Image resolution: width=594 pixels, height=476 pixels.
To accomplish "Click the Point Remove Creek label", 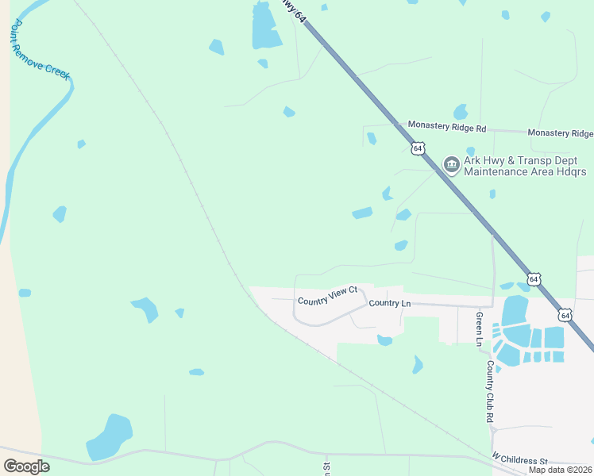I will click(40, 50).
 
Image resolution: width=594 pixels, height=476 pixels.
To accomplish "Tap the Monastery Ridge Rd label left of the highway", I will click(446, 127).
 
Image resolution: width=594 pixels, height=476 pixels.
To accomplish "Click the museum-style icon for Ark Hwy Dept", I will click(451, 165).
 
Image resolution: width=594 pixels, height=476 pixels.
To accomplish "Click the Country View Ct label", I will click(328, 301).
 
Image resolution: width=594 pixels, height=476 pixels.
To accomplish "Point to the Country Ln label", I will click(390, 303).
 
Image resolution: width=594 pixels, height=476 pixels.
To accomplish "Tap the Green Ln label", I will click(479, 328).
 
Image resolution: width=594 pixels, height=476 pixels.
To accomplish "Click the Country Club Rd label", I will click(491, 391).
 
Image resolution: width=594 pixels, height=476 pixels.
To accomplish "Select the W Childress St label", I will click(519, 460).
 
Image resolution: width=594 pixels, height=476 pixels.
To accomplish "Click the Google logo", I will click(26, 466).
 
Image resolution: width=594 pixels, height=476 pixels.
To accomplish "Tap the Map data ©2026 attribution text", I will click(560, 470).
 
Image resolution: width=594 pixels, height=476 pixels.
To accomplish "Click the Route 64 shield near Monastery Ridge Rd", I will click(418, 148).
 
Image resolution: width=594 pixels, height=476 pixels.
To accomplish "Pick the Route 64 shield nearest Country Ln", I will click(534, 279).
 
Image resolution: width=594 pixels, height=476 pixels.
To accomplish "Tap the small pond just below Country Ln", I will click(384, 340).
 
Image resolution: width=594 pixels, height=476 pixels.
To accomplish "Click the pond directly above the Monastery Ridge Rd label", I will click(460, 112).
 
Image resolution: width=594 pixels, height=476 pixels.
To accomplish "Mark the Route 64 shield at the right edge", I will click(565, 315).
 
